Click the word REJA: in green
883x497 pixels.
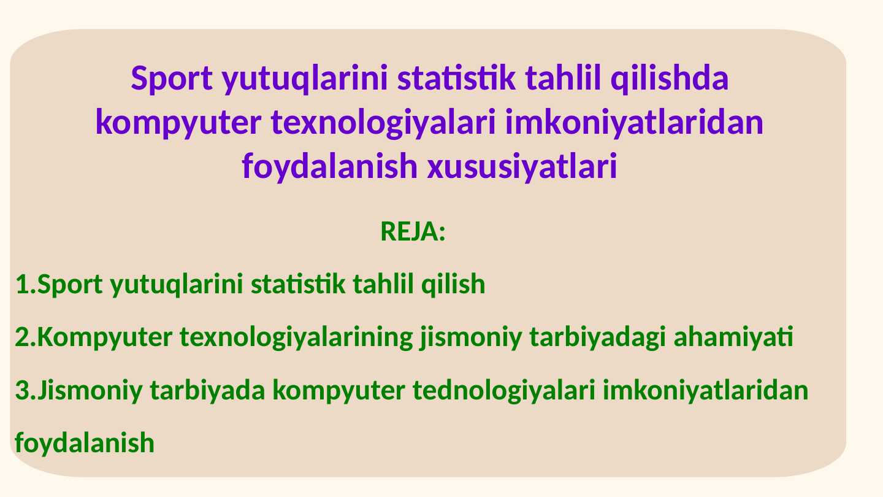point(412,233)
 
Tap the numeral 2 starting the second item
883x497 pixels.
point(22,337)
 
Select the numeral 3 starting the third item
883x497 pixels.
point(22,390)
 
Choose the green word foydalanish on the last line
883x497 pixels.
point(85,442)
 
